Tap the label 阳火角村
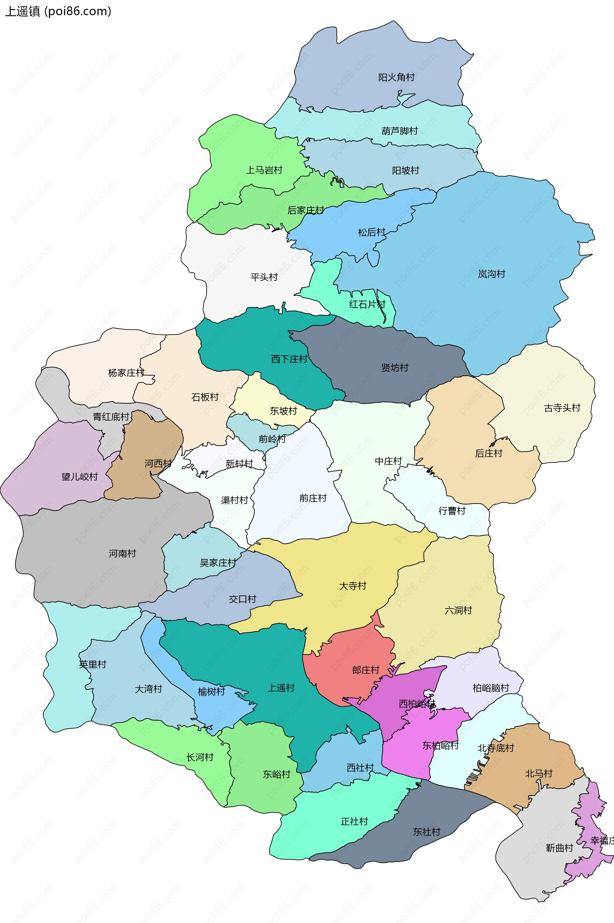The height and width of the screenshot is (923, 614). [x=396, y=77]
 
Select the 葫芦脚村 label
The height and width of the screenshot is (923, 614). [x=399, y=131]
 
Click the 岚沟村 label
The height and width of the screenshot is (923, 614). [x=492, y=274]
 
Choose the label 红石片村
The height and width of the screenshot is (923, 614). [x=367, y=304]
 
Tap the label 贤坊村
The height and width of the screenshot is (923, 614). [x=395, y=368]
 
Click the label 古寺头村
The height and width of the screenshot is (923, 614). [x=562, y=408]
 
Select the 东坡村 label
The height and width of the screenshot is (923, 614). [x=283, y=411]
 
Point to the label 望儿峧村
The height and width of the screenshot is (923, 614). [x=80, y=477]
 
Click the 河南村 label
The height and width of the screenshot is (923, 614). [x=122, y=554]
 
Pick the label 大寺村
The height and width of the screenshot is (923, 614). [x=352, y=586]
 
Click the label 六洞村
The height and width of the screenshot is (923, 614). [x=458, y=610]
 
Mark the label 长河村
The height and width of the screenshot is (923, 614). [x=200, y=757]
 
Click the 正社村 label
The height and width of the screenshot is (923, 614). [x=354, y=821]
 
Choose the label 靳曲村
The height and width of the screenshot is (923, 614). [x=559, y=848]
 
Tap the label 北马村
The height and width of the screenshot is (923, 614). [x=539, y=773]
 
